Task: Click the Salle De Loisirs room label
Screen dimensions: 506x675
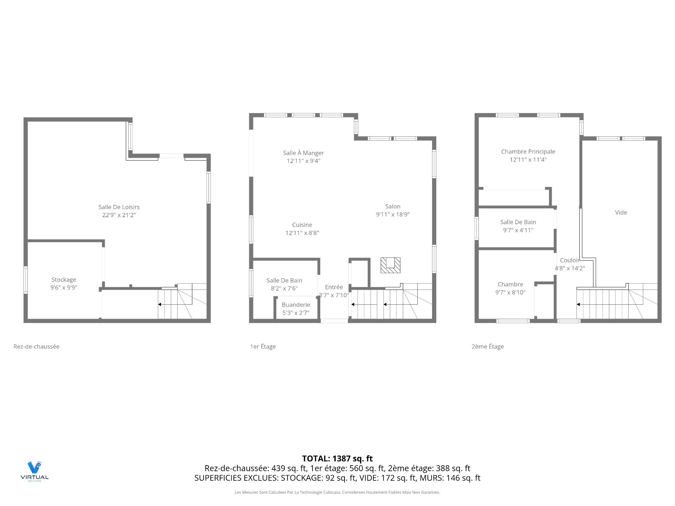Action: coord(119,207)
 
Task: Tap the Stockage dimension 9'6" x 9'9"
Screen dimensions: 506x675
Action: coord(64,287)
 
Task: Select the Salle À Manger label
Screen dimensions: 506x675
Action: coord(303,153)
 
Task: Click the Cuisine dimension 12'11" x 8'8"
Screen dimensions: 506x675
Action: coord(302,233)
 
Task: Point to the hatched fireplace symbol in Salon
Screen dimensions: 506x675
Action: coord(390,265)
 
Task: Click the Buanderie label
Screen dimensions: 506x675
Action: coord(296,305)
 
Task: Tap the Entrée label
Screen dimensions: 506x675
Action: coord(334,287)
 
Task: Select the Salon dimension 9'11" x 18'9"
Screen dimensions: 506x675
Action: coord(393,214)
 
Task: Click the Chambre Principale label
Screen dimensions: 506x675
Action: coord(528,151)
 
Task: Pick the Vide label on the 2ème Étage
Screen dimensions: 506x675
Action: coord(621,212)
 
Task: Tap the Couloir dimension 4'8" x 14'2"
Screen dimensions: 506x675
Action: coord(570,268)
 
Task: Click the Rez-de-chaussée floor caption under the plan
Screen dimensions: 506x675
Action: coord(37,346)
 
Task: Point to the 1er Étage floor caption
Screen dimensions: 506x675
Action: coord(263,346)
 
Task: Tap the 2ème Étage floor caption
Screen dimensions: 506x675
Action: coord(487,346)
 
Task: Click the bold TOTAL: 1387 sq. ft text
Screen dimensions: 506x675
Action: coord(337,458)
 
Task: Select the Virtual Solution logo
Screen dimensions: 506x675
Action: coord(34,471)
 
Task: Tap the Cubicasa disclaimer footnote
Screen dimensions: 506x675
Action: coord(337,492)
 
